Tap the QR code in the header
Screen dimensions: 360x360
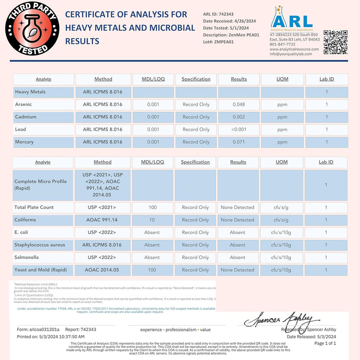point(336,42)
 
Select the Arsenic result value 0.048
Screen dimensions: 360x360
point(238,104)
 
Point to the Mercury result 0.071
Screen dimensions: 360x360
point(238,142)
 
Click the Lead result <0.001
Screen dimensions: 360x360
point(238,130)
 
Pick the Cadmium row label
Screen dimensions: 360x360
point(26,117)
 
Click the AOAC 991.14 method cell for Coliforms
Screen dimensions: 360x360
point(102,220)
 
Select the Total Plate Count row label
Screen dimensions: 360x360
point(34,207)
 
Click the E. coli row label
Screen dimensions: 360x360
point(23,233)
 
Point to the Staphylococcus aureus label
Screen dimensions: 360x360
point(40,245)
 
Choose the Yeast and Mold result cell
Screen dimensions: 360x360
point(238,270)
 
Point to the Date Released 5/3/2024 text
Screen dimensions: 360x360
point(311,337)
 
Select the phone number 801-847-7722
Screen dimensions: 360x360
point(283,45)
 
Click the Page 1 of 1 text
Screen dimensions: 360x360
point(325,343)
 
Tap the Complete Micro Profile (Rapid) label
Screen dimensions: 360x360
point(40,184)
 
